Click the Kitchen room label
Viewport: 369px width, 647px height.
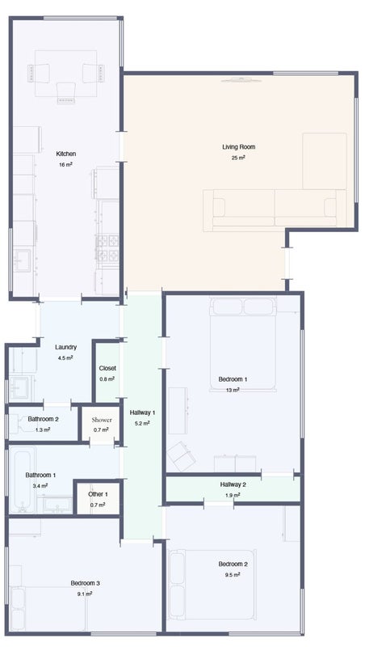pos(66,154)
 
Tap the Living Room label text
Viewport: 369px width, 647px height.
pos(239,147)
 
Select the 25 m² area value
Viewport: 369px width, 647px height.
pos(238,158)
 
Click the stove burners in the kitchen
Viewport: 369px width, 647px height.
pos(107,248)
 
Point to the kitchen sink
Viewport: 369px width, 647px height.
pos(22,260)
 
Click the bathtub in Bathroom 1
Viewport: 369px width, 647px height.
pos(23,480)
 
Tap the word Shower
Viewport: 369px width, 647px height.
pos(102,420)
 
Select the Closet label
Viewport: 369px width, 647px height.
pos(107,368)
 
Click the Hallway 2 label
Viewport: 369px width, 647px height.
pos(233,484)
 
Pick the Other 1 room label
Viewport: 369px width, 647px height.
pos(98,494)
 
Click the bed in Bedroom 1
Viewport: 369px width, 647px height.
pos(242,343)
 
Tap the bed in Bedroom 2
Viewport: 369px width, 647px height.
pos(212,584)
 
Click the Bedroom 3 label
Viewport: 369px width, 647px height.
pos(86,583)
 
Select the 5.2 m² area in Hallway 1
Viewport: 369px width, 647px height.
pos(142,423)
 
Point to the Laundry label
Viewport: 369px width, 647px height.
pos(66,348)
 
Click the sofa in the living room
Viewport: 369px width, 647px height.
pos(275,210)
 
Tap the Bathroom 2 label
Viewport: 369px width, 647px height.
pos(44,419)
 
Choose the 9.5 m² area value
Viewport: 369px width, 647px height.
pos(233,574)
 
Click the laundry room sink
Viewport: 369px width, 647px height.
pos(19,388)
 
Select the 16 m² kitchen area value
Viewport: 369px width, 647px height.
pos(66,164)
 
